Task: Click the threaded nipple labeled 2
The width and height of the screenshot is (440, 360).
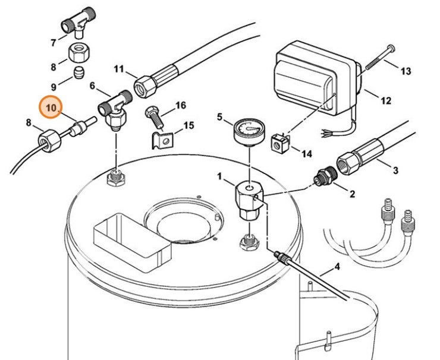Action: coord(326,177)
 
